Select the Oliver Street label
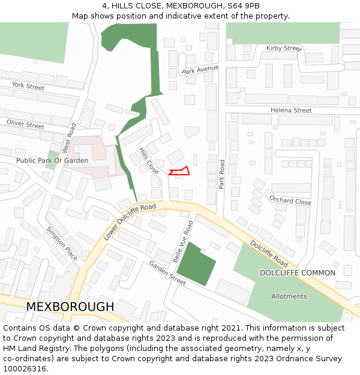point(25,124)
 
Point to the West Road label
point(70,137)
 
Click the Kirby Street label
point(284,48)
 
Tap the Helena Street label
point(291,110)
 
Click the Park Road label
point(221,175)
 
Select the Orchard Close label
point(290,200)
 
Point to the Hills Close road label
point(148,161)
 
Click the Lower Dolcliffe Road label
point(129,222)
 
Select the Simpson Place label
point(62,244)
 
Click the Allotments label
point(289,296)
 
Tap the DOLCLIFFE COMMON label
point(297,273)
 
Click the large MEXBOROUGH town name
point(70,307)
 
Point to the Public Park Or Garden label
point(52,161)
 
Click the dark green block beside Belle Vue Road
point(195,263)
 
